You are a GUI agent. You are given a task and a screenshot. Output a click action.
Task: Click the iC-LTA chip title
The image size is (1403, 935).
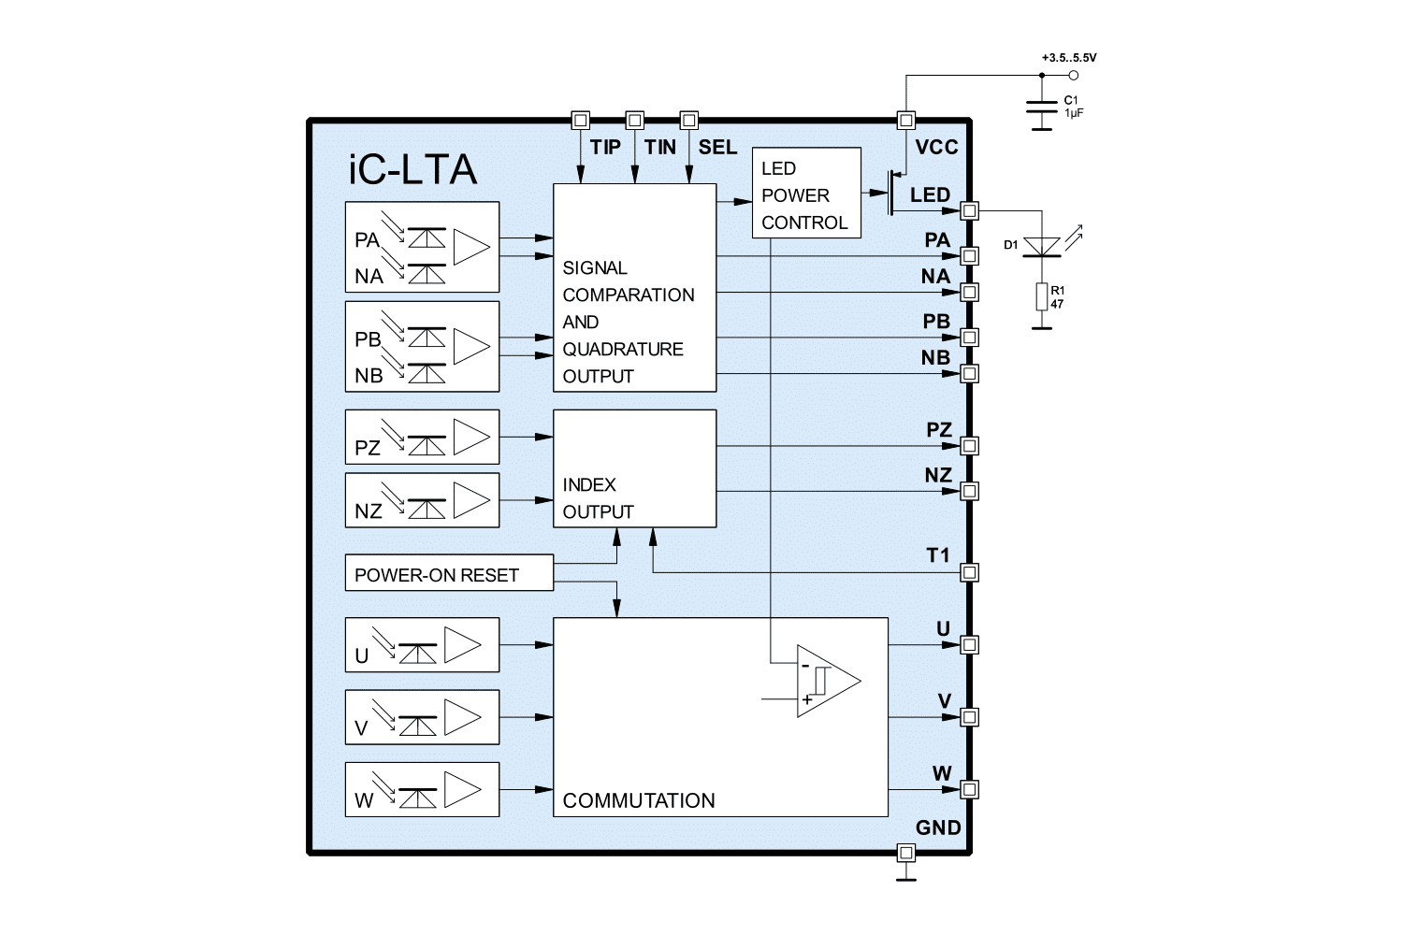click(x=412, y=170)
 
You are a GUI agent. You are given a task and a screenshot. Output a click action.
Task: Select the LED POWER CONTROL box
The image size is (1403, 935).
click(x=805, y=194)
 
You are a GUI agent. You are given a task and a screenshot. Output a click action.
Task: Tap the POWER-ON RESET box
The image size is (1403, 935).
click(x=448, y=573)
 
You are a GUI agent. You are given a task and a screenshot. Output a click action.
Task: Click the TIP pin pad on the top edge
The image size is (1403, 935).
click(x=580, y=120)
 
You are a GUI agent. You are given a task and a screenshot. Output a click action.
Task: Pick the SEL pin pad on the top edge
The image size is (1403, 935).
click(x=689, y=120)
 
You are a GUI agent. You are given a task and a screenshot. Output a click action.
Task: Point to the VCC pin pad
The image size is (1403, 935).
click(x=904, y=120)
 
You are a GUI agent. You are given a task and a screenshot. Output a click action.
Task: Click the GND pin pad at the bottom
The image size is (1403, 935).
click(x=904, y=852)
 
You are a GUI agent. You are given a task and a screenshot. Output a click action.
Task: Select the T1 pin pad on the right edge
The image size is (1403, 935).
click(x=970, y=571)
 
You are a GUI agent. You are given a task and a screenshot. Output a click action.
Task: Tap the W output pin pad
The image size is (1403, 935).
click(x=970, y=789)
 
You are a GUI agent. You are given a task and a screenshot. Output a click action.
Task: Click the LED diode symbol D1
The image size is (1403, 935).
click(x=1042, y=246)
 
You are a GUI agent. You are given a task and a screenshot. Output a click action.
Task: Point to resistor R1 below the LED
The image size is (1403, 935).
click(x=1042, y=296)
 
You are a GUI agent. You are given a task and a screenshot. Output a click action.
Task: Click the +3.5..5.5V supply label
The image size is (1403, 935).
click(x=1068, y=58)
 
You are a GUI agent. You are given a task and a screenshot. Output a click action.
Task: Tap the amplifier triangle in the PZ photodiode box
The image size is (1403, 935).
click(x=471, y=436)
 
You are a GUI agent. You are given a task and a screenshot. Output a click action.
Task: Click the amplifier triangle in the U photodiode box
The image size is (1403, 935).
click(x=462, y=644)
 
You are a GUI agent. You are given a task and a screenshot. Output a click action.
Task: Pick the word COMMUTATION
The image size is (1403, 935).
click(x=639, y=800)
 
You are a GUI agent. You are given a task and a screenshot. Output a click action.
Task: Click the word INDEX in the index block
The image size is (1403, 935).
click(x=589, y=484)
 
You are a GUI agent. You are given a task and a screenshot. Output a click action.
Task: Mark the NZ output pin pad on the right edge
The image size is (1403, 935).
click(x=970, y=490)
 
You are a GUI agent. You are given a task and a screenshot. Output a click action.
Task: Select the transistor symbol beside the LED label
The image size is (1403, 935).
click(x=893, y=193)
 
